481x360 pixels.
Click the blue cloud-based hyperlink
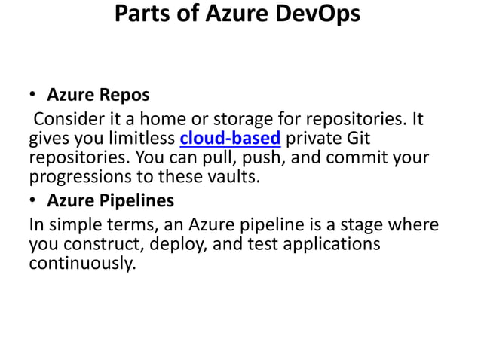(x=230, y=139)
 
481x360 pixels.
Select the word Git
(x=357, y=139)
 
